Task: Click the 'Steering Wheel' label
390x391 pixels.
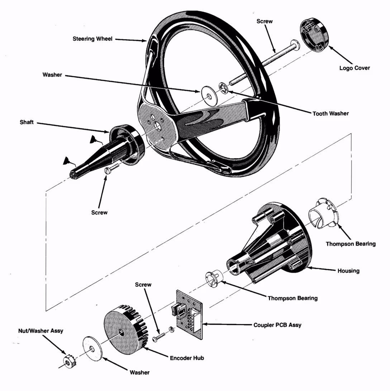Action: tap(92, 39)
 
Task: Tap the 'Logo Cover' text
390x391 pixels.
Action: tap(355, 68)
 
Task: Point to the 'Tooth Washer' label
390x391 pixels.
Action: tap(330, 113)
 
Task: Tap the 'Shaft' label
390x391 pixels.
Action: tap(27, 122)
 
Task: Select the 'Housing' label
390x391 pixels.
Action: tap(348, 271)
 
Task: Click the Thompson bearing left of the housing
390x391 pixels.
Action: tap(214, 278)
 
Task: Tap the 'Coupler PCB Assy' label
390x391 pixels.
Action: tap(277, 325)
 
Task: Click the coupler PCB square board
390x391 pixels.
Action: tap(189, 315)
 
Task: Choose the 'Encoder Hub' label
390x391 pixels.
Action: tap(187, 358)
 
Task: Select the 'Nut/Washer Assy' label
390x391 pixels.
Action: tap(41, 331)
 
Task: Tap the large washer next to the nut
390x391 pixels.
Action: tap(92, 349)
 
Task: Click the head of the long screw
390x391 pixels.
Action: tap(295, 46)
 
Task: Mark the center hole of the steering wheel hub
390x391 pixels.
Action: tap(157, 126)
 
